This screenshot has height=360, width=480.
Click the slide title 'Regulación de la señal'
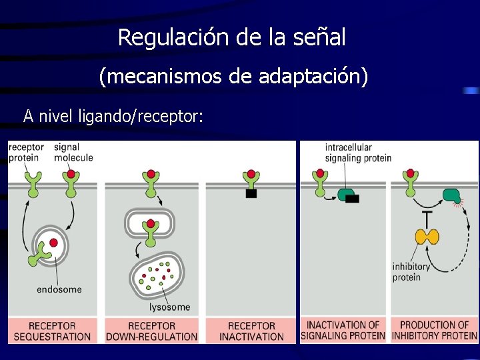click(x=232, y=37)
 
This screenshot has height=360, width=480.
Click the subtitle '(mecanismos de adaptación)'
click(x=233, y=77)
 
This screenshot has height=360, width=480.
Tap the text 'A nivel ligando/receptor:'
click(x=113, y=116)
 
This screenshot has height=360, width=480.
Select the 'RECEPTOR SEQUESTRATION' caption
click(x=52, y=331)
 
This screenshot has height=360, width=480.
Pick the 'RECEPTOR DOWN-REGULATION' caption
click(x=152, y=331)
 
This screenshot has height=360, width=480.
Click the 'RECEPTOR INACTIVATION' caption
click(x=251, y=331)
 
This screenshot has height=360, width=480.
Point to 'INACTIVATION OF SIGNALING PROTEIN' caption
click(x=343, y=330)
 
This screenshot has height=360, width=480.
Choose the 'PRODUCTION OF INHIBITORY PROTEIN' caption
click(x=434, y=330)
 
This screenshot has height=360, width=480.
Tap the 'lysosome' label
click(x=169, y=307)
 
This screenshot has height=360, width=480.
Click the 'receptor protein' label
click(x=27, y=152)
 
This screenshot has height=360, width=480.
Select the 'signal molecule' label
click(x=73, y=152)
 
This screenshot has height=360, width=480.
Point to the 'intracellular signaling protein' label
click(x=357, y=152)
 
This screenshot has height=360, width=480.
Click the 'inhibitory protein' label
click(x=411, y=272)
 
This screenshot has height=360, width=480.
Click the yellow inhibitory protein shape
click(x=427, y=236)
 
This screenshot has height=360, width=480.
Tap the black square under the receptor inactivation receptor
click(x=251, y=194)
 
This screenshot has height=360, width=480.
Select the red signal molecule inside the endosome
click(x=53, y=243)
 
